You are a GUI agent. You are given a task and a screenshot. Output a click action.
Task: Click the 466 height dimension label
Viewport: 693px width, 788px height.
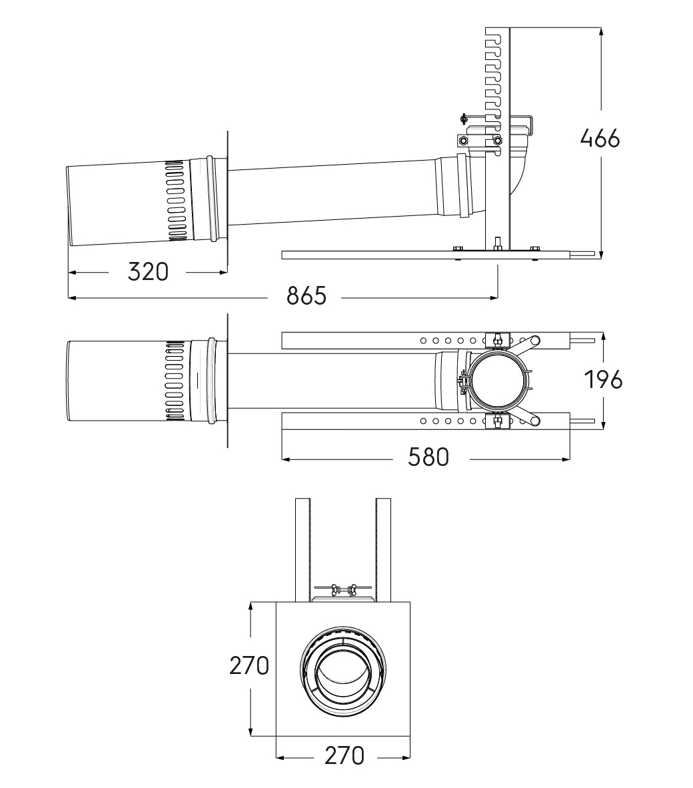[x=600, y=139]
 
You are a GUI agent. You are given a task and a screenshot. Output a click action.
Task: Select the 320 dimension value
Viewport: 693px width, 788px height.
[x=148, y=271]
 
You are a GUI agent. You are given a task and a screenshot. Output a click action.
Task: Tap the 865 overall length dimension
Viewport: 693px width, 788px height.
[x=307, y=296]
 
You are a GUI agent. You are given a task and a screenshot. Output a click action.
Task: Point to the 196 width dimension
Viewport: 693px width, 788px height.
[x=603, y=379]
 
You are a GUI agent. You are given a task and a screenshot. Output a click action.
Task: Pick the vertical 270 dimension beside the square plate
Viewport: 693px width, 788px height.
[x=249, y=665]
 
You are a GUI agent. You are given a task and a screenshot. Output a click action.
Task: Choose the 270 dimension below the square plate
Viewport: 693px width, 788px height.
[x=345, y=755]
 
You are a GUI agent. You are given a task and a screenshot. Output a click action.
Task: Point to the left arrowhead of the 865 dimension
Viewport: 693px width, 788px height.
[x=71, y=297]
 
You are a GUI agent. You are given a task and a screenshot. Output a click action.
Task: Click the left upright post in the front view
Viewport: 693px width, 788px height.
[x=303, y=547]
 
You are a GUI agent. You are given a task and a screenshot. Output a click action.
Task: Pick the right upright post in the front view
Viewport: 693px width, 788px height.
[x=383, y=547]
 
